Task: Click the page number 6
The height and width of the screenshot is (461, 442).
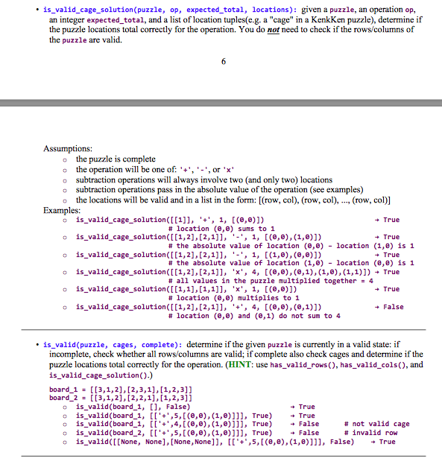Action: tap(223, 60)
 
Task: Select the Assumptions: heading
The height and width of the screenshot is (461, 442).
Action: tap(68, 149)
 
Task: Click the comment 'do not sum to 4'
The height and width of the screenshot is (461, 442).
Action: tap(256, 316)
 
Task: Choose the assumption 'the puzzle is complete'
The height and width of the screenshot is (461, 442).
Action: tap(116, 159)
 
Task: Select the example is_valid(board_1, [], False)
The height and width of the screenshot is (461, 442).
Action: tap(133, 407)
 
